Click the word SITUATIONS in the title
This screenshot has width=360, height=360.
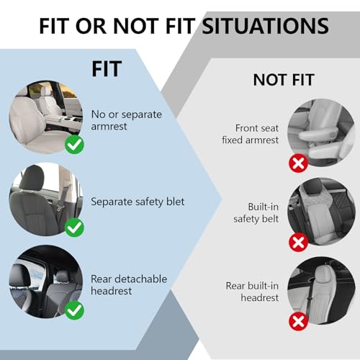pyautogui.click(x=266, y=26)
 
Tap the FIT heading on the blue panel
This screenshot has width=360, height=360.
pyautogui.click(x=107, y=69)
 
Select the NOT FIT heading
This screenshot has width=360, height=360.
pyautogui.click(x=284, y=80)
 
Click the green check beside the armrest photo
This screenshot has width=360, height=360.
pyautogui.click(x=74, y=145)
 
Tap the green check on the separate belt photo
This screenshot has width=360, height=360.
pyautogui.click(x=74, y=228)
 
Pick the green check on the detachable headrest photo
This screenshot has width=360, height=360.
pyautogui.click(x=74, y=310)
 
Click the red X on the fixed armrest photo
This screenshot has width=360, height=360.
pyautogui.click(x=298, y=163)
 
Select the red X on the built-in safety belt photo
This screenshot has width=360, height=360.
pyautogui.click(x=298, y=242)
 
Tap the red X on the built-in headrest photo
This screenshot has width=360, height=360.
pyautogui.click(x=298, y=321)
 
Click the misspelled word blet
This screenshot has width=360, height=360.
pyautogui.click(x=176, y=202)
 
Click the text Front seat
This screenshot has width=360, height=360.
pyautogui.click(x=257, y=128)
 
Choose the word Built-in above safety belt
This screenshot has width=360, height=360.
pyautogui.click(x=264, y=207)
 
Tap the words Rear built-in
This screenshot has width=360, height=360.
pyautogui.click(x=252, y=286)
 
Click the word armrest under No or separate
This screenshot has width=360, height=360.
pyautogui.click(x=109, y=127)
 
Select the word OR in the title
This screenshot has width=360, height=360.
pyautogui.click(x=91, y=26)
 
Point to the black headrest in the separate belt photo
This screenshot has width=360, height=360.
pyautogui.click(x=32, y=177)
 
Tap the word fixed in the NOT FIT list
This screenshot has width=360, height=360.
pyautogui.click(x=231, y=140)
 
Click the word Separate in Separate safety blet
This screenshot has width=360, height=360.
pyautogui.click(x=111, y=202)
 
